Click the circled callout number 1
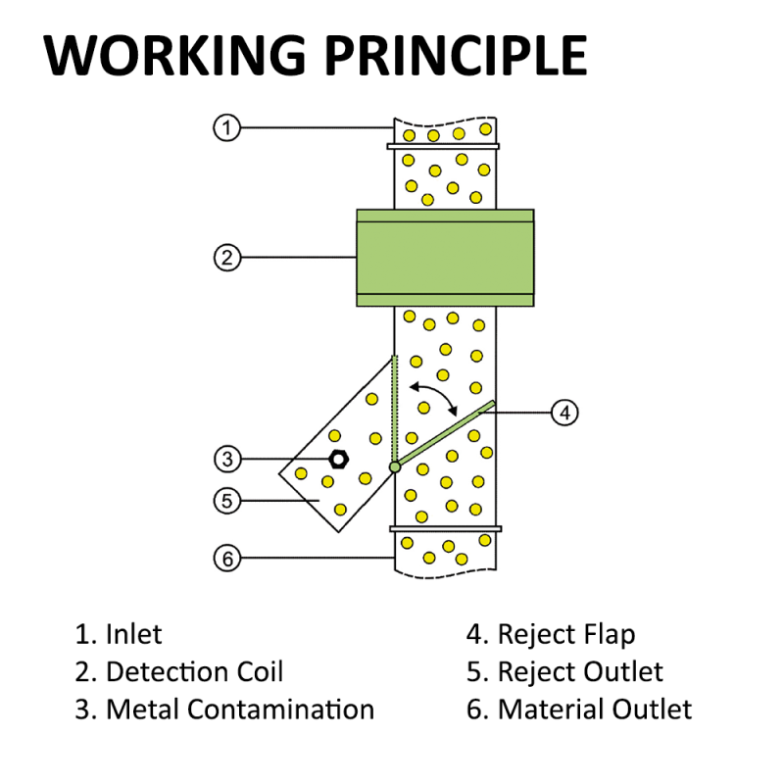click(x=226, y=127)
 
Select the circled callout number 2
click(x=226, y=258)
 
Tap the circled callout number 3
click(x=226, y=459)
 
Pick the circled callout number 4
click(x=563, y=413)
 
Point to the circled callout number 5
click(x=226, y=500)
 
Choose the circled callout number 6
click(x=226, y=559)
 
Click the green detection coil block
click(x=445, y=258)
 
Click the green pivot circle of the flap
click(x=395, y=467)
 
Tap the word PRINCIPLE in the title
click(x=458, y=56)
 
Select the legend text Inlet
click(x=133, y=634)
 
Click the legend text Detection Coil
click(x=194, y=671)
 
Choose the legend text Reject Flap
click(x=565, y=634)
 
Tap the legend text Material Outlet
click(x=594, y=709)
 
